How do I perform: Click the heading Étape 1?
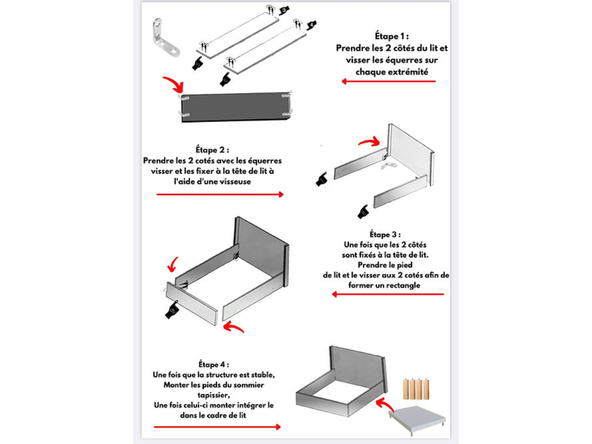pyautogui.click(x=392, y=37)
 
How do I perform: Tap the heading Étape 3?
pyautogui.click(x=385, y=233)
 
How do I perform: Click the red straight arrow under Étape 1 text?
pyautogui.click(x=389, y=81)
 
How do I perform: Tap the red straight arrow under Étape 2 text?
pyautogui.click(x=220, y=194)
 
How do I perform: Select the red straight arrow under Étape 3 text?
pyautogui.click(x=388, y=294)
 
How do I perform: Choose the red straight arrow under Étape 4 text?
pyautogui.click(x=217, y=427)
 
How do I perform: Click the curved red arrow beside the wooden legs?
pyautogui.click(x=386, y=407)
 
